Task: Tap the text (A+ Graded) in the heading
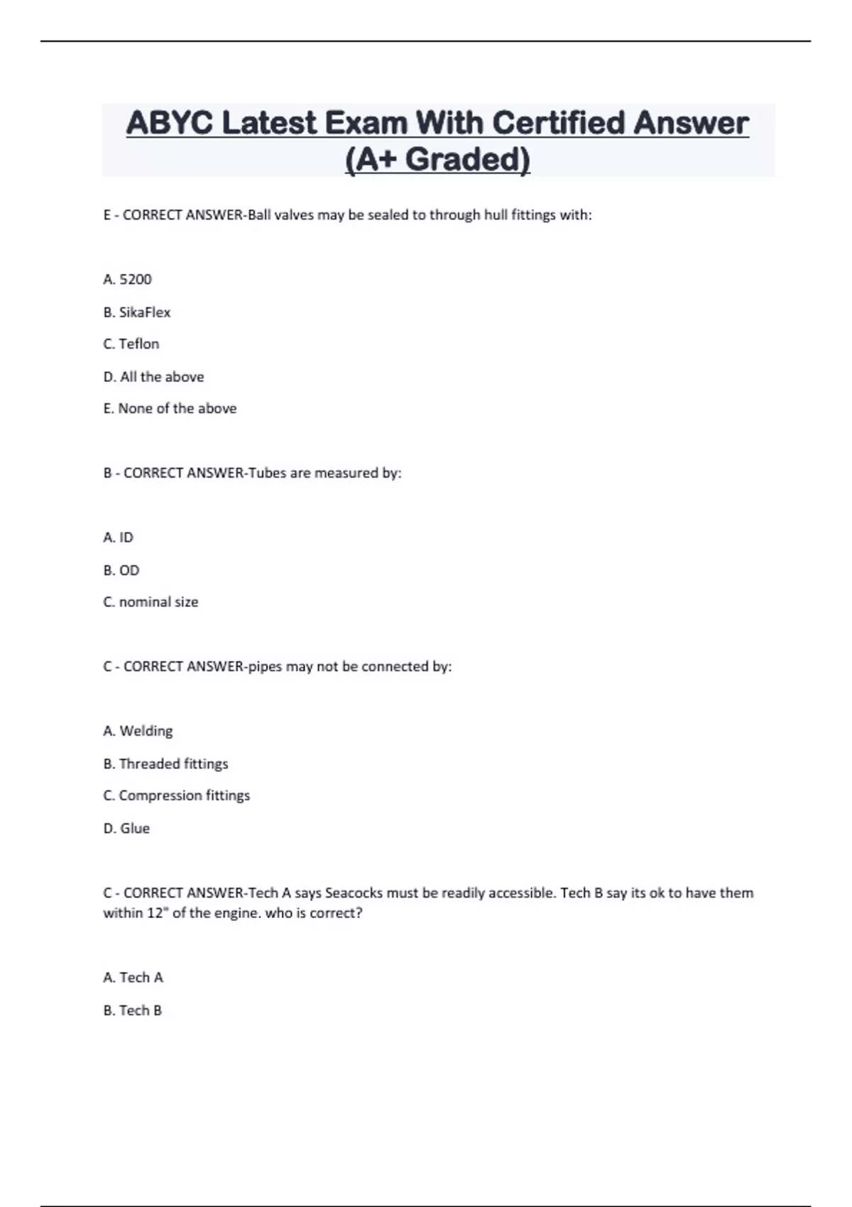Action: (437, 159)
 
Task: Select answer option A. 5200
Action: (128, 280)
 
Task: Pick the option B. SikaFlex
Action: (137, 312)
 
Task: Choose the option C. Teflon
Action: (131, 344)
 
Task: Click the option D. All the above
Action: (153, 377)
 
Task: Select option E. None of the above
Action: (170, 409)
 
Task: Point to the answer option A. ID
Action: (119, 537)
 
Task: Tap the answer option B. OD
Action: (121, 570)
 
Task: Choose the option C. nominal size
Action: (151, 602)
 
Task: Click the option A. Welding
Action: (138, 731)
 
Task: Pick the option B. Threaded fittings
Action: (165, 764)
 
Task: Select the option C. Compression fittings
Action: (177, 796)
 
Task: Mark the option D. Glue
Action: (126, 829)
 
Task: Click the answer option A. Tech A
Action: (133, 978)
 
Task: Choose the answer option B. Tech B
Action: (133, 1010)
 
